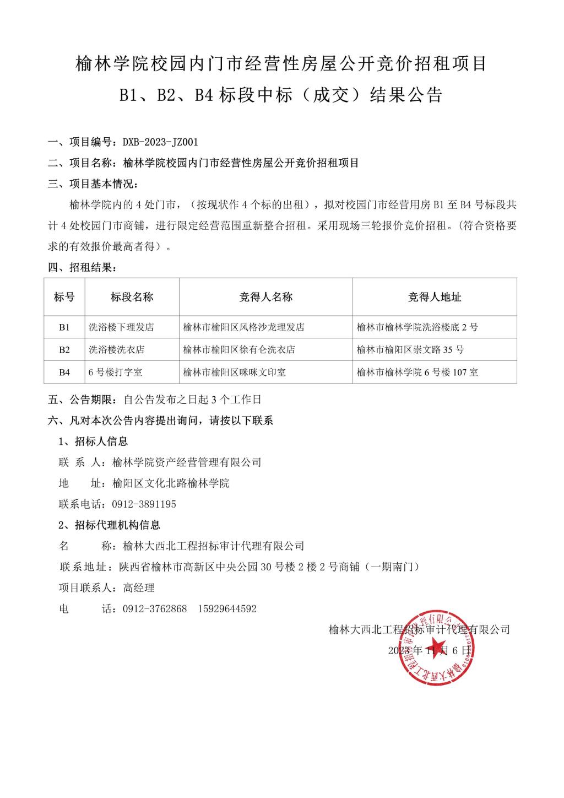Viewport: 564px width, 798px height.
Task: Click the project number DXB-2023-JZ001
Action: [x=160, y=142]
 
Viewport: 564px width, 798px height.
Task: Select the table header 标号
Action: [x=64, y=297]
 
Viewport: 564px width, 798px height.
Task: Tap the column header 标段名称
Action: [x=132, y=297]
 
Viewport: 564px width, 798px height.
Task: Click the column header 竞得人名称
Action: [x=265, y=297]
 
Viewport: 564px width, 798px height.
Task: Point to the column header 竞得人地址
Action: [x=435, y=297]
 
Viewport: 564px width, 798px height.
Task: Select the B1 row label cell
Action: [x=64, y=327]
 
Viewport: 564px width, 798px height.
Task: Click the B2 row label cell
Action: [x=64, y=350]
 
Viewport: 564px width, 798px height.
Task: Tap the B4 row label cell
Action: [x=64, y=373]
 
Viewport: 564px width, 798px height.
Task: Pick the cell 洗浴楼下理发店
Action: [x=121, y=327]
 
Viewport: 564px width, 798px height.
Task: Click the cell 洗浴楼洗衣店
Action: [x=117, y=350]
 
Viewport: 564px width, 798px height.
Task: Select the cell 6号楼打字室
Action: [x=116, y=373]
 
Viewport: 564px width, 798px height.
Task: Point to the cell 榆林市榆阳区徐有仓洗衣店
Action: [x=239, y=350]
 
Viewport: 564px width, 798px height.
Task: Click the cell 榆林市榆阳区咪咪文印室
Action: [x=235, y=373]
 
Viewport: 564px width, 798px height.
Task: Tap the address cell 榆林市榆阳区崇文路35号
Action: [x=410, y=350]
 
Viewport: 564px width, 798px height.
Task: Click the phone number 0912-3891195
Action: [x=144, y=504]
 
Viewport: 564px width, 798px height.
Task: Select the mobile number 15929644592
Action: [x=227, y=609]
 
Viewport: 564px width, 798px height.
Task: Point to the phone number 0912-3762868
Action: [x=155, y=609]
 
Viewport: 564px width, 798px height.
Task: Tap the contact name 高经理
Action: [x=139, y=588]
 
